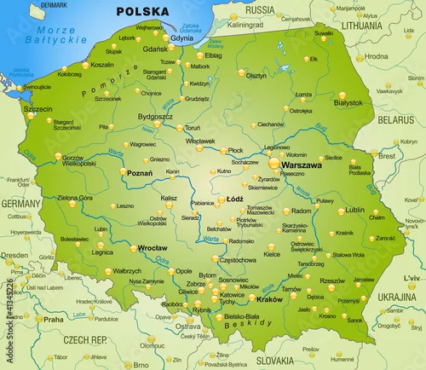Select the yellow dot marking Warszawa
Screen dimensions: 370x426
coord(273,162)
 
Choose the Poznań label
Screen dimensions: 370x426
coord(139,173)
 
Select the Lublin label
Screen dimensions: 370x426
coord(355,209)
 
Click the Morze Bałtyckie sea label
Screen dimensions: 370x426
coord(53,35)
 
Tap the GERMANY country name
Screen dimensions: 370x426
coord(20,205)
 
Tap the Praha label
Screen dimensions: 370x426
coord(54,320)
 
